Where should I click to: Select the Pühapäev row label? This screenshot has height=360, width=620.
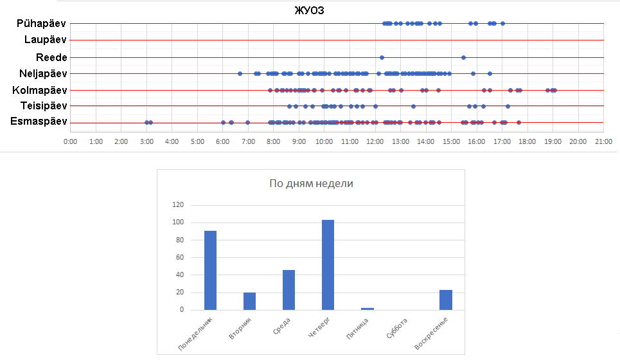[x=41, y=24]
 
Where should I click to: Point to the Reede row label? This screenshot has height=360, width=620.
[x=51, y=57]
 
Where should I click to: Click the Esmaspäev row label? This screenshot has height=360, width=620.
[x=39, y=122]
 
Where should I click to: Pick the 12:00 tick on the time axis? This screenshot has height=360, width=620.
[x=375, y=141]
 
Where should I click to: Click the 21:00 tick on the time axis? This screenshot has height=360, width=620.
[x=603, y=141]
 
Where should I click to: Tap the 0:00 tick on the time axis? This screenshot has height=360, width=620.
[x=70, y=141]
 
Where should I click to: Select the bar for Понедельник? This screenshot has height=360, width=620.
[x=210, y=270]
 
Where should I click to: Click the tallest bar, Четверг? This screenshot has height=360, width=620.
[x=328, y=265]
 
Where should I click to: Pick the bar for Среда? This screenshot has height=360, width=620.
[x=288, y=290]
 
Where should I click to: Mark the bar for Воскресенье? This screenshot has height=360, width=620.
[x=445, y=300]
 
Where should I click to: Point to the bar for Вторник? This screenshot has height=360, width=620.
[x=249, y=301]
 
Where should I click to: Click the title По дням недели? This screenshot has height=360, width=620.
[x=310, y=184]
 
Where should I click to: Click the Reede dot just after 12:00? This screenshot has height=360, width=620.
[x=382, y=57]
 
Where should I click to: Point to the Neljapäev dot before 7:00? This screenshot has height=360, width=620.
[x=240, y=74]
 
